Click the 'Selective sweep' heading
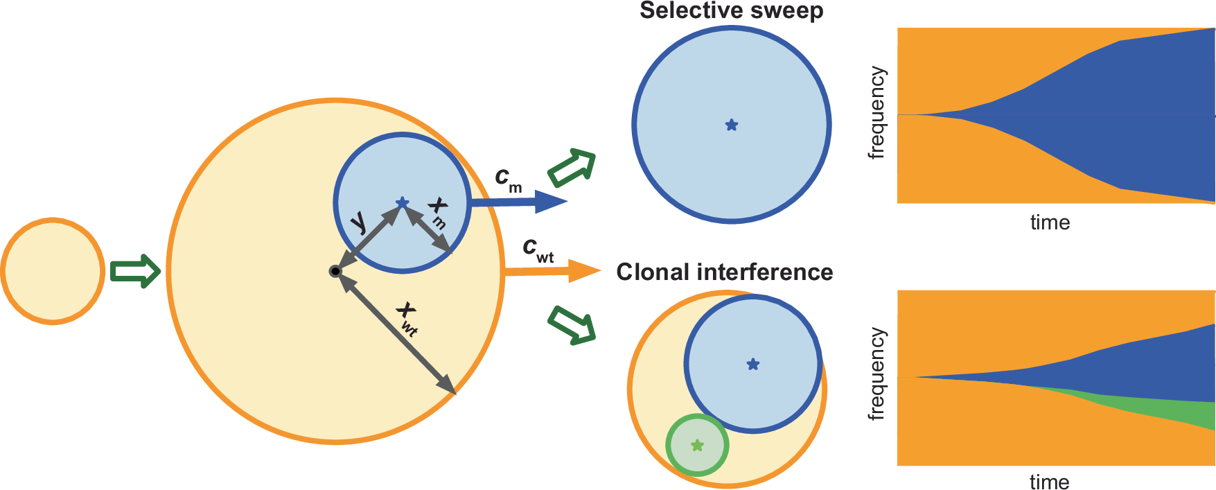pos(731,11)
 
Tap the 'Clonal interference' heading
pos(724,272)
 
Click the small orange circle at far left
pos(53,270)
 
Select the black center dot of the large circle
pos(335,271)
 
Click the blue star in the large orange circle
pos(402,203)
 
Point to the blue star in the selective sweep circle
pos(732,125)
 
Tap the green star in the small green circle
pos(698,445)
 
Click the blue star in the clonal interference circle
pos(753,364)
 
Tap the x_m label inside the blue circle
pos(437,212)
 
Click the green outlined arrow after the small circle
pos(135,270)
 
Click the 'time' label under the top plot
pos(1050,222)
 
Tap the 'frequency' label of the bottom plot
pos(877,374)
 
